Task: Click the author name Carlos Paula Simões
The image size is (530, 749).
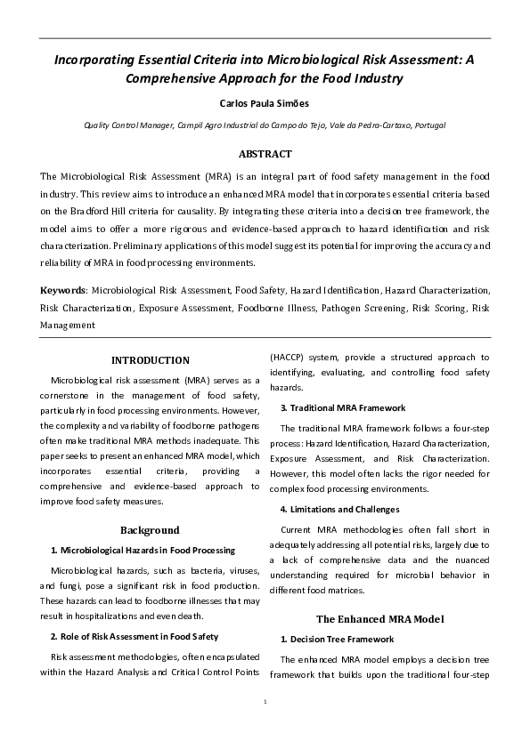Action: pos(265,102)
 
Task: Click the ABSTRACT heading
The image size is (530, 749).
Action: pos(265,154)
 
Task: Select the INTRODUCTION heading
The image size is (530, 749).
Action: pos(150,360)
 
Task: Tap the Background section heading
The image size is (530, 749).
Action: pos(150,529)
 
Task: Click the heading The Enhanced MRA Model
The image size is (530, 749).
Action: pos(379,618)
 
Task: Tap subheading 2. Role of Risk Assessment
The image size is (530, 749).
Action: pos(135,636)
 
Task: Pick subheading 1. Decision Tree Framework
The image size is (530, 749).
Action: pos(337,639)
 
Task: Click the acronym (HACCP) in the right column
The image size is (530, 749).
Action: pos(291,357)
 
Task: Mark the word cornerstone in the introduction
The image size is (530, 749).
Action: pos(71,395)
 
